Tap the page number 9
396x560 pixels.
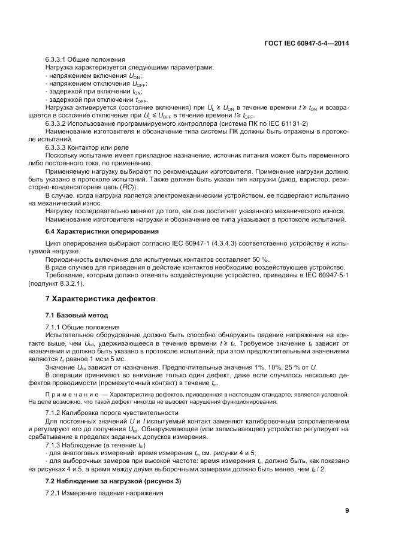point(347,510)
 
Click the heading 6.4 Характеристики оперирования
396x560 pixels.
point(102,231)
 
